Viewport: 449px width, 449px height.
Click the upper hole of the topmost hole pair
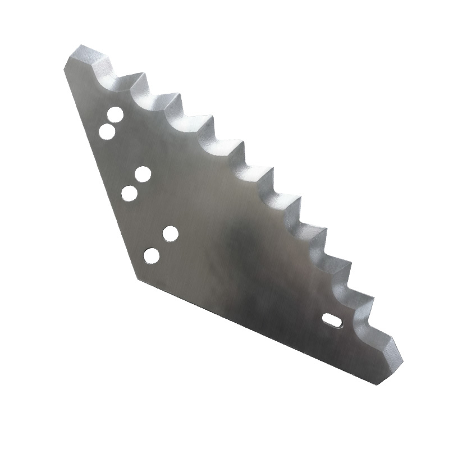(116, 115)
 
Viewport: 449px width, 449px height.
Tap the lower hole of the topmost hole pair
(107, 132)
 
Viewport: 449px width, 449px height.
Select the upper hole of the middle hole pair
(143, 175)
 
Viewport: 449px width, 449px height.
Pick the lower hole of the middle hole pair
(130, 194)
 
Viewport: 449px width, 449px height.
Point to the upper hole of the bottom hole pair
(171, 233)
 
